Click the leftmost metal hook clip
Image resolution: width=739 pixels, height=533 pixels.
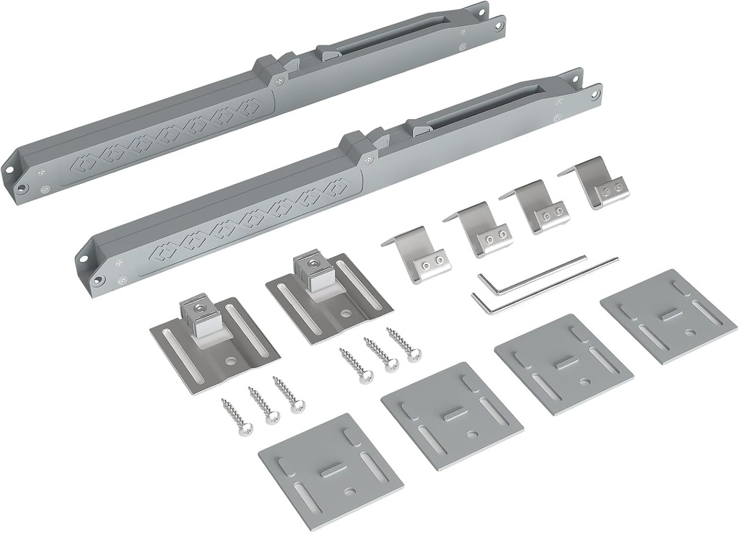click(x=419, y=255)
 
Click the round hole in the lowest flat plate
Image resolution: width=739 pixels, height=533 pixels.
click(x=351, y=492)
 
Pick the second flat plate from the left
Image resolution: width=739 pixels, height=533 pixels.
click(x=452, y=416)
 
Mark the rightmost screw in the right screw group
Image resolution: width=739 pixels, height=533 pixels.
click(x=405, y=344)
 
